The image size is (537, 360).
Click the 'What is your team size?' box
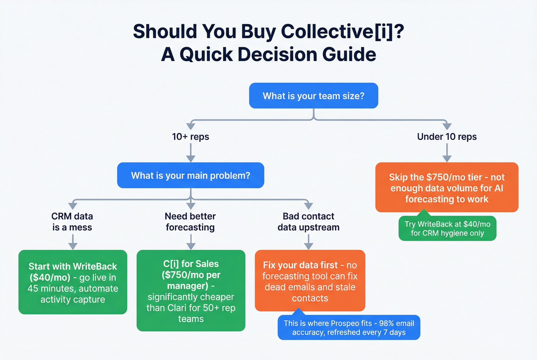[x=313, y=96]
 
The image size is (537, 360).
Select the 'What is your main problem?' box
[x=190, y=176]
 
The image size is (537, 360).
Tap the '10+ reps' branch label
[x=190, y=136]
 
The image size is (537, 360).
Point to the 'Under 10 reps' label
[x=446, y=136]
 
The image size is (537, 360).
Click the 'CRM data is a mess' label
[x=72, y=222]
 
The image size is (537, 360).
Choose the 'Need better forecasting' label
[x=190, y=222]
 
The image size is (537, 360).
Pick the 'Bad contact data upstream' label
[x=308, y=222]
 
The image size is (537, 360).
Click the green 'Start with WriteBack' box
[x=72, y=282]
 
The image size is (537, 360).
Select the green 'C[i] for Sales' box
[x=191, y=291]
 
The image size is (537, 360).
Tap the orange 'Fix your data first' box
[x=310, y=281]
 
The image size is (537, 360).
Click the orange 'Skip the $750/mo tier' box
[x=446, y=187]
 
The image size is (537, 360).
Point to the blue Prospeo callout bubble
[x=349, y=328]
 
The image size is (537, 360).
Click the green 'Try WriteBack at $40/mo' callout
[x=447, y=228]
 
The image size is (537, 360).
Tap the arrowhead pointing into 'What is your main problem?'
[x=190, y=158]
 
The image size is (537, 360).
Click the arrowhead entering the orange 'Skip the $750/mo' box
[x=446, y=158]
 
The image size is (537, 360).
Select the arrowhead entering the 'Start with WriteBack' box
[x=72, y=246]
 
